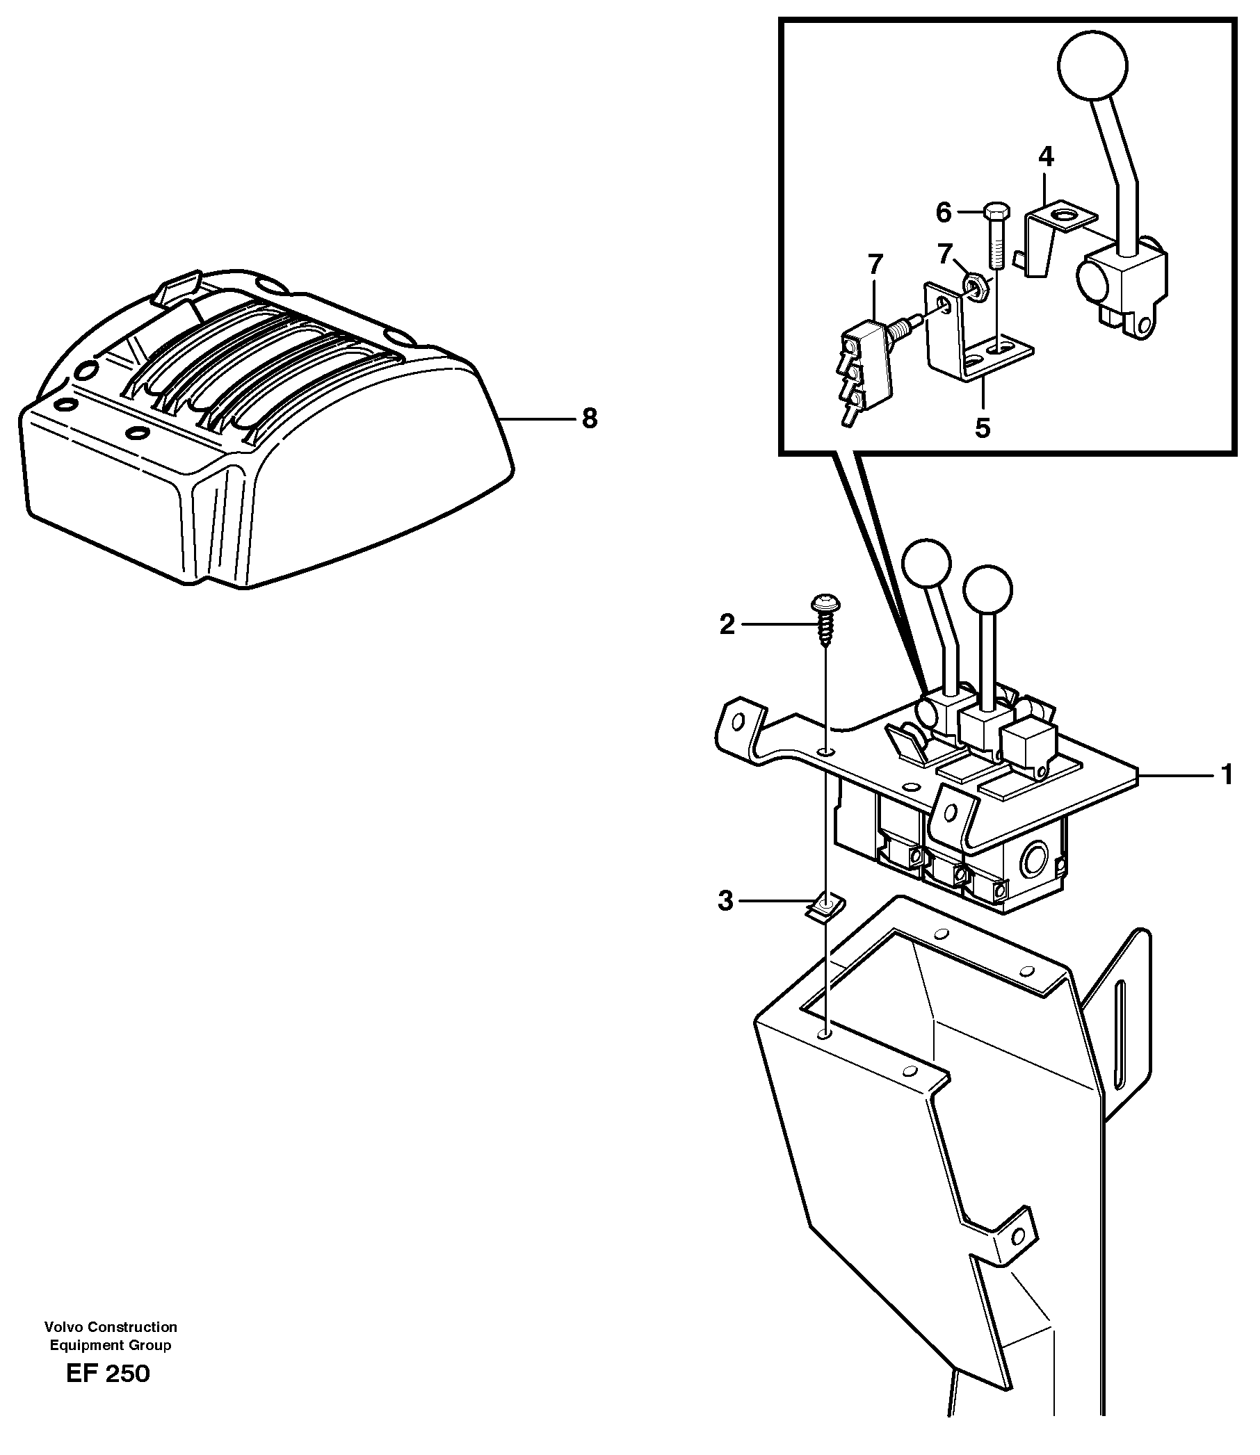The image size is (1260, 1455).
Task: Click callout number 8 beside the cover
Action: click(589, 419)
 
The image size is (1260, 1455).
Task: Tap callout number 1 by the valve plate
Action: click(1226, 775)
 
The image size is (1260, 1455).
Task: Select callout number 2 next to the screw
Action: click(727, 624)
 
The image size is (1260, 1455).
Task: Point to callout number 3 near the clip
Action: click(725, 900)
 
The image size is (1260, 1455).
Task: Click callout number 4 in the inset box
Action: click(1047, 156)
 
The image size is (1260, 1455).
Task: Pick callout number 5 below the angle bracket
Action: click(983, 428)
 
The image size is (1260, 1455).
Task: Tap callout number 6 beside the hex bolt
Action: click(944, 211)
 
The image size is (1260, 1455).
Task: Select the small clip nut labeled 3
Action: click(825, 909)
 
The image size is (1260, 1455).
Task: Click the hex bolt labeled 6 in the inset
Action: click(996, 236)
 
